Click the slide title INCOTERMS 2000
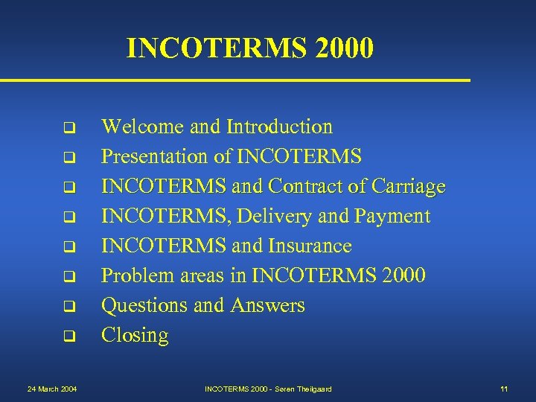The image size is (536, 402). click(x=249, y=48)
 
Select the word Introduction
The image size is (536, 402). click(x=279, y=127)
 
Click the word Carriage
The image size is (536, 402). click(x=409, y=186)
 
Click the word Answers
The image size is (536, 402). click(x=268, y=305)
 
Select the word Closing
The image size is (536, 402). click(x=135, y=336)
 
